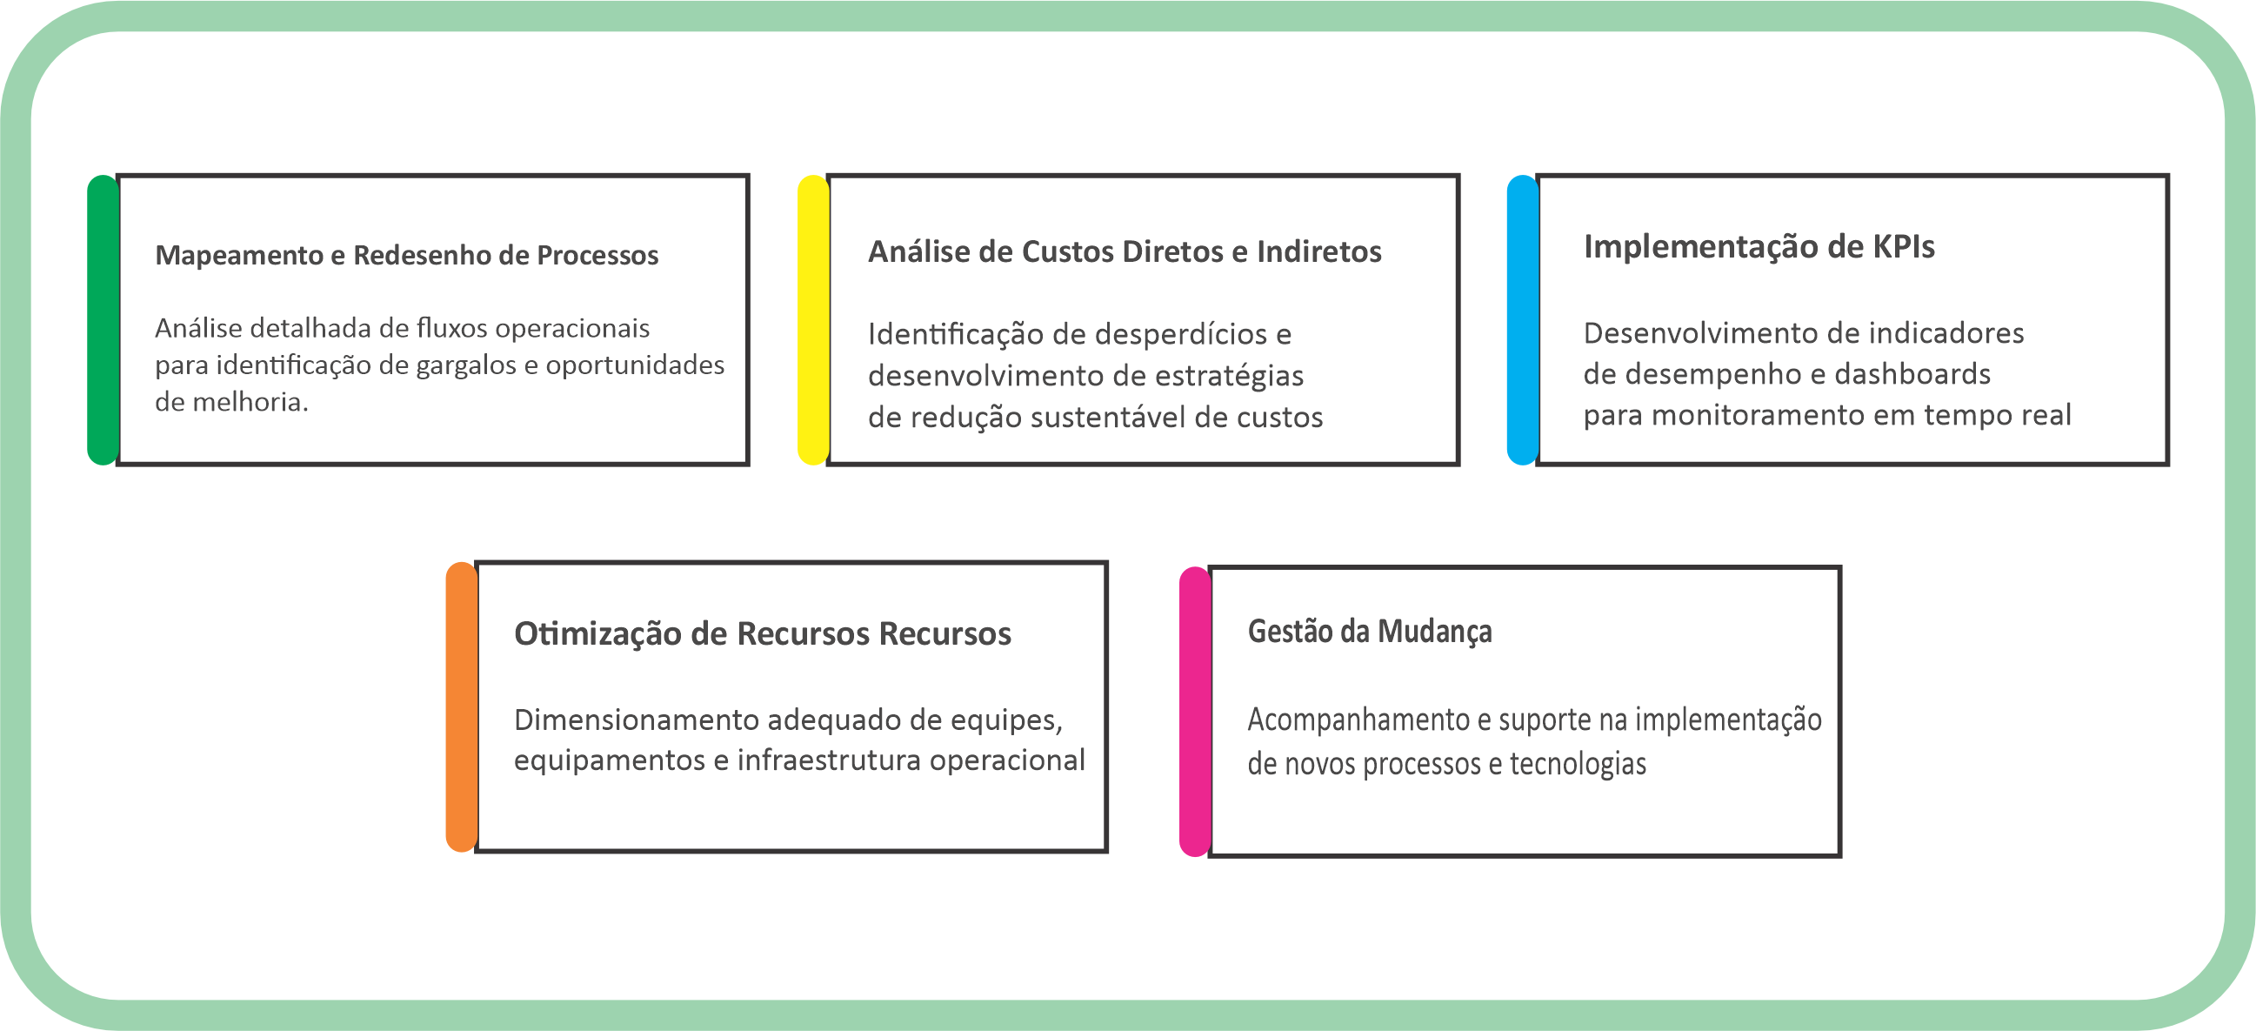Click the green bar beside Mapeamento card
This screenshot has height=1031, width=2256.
coord(103,319)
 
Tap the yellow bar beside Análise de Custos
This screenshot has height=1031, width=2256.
coord(812,319)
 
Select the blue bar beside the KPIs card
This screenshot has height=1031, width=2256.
coord(1522,319)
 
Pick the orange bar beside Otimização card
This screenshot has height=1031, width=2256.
coord(461,706)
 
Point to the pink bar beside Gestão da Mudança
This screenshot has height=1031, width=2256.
coord(1195,712)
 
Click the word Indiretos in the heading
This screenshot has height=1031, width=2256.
coord(1319,252)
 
